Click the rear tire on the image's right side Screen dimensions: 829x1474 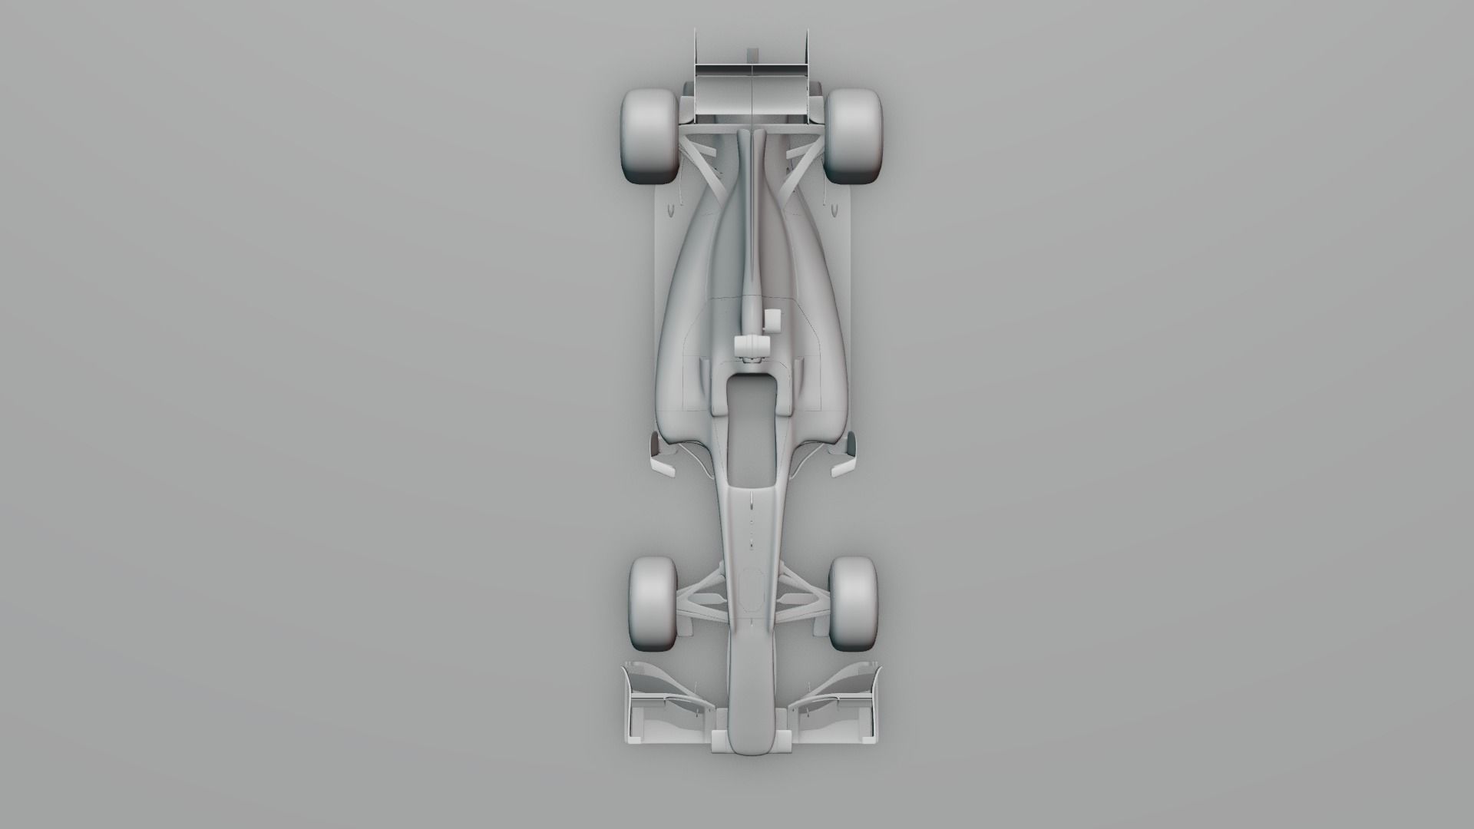click(854, 136)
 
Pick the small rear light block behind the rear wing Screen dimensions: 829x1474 click(752, 53)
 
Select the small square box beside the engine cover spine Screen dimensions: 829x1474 click(772, 319)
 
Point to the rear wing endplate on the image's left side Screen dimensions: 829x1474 click(696, 77)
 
